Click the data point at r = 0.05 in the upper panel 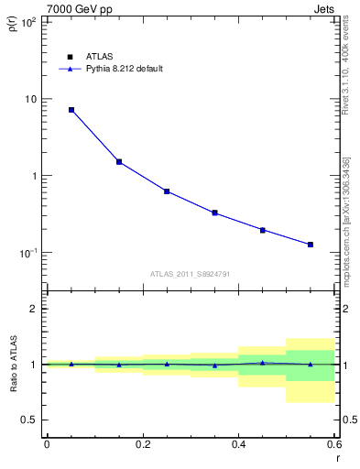(71, 110)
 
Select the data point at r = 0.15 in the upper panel (119, 162)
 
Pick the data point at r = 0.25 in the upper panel (167, 191)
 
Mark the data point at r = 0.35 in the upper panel (214, 213)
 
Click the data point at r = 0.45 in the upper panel (263, 230)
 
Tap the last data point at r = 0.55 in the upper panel (311, 245)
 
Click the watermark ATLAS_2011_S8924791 (189, 273)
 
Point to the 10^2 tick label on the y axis (28, 21)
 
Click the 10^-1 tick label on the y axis (28, 253)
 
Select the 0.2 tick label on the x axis (142, 443)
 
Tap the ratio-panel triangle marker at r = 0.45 (263, 363)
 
